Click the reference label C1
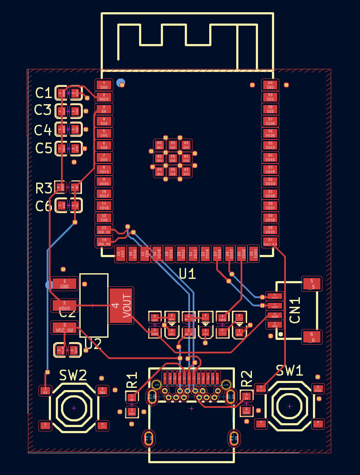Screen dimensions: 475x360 pos(44,93)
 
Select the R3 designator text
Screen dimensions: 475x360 pos(44,188)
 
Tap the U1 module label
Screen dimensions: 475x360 pos(187,274)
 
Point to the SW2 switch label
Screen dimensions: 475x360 pos(73,375)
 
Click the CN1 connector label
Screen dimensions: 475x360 pos(295,310)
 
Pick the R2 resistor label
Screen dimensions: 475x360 pos(247,378)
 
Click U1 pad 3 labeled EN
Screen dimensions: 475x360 pos(104,109)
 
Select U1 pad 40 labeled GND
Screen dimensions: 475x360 pos(270,85)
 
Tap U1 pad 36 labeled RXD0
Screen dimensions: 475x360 pos(270,133)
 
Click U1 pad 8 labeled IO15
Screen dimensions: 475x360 pos(104,170)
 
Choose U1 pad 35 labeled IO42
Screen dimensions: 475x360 pos(270,145)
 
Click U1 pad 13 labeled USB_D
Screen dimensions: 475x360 pos(104,230)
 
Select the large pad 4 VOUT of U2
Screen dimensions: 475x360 pos(121,305)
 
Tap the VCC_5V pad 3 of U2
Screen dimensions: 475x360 pos(65,327)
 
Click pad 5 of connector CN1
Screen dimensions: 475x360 pos(312,284)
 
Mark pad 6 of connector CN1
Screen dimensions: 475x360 pos(312,336)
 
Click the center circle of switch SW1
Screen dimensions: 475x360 pos(289,406)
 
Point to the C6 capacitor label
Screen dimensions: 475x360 pos(44,206)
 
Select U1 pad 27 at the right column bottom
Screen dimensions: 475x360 pos(270,241)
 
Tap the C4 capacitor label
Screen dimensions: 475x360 pos(43,130)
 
